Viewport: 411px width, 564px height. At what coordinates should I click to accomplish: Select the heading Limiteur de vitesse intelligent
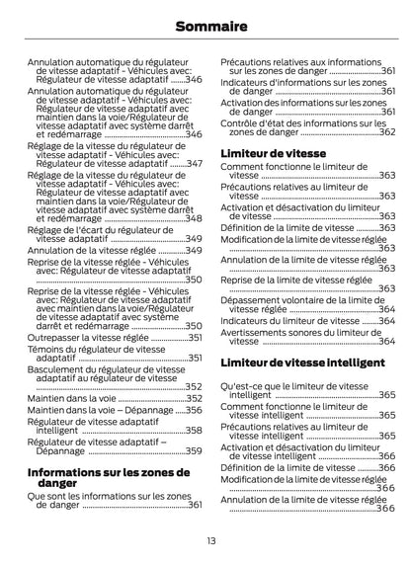301,363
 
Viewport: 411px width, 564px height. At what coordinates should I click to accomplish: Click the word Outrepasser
56,337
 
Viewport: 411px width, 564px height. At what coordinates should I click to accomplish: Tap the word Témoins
47,351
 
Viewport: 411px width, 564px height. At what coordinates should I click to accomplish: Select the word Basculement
58,368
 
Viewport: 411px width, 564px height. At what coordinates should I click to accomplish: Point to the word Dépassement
256,299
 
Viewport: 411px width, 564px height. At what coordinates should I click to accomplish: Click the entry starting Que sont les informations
109,500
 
